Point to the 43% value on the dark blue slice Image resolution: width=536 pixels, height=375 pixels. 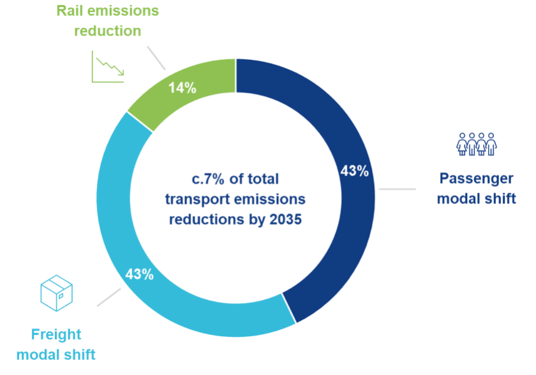(354, 171)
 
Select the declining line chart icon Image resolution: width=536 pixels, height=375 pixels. (107, 68)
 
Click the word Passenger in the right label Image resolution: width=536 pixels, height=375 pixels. (476, 179)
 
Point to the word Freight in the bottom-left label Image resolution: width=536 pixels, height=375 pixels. (57, 334)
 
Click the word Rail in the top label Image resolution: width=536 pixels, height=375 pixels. (69, 11)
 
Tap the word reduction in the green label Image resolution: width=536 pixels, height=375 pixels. (107, 31)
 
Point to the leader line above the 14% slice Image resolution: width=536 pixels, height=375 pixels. (156, 57)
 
